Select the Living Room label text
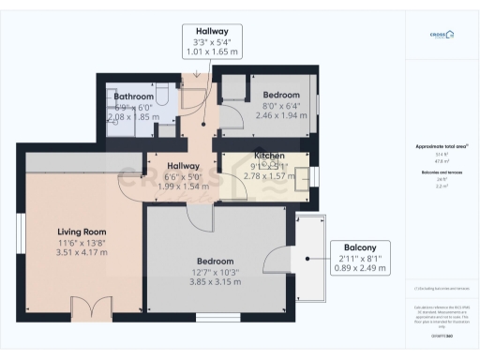pos(82,232)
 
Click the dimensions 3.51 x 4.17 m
pos(82,252)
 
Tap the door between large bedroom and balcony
pos(277,260)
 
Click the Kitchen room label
pos(270,154)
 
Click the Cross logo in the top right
pos(438,36)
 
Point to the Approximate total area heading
pos(436,147)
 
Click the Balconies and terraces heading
pos(436,174)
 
